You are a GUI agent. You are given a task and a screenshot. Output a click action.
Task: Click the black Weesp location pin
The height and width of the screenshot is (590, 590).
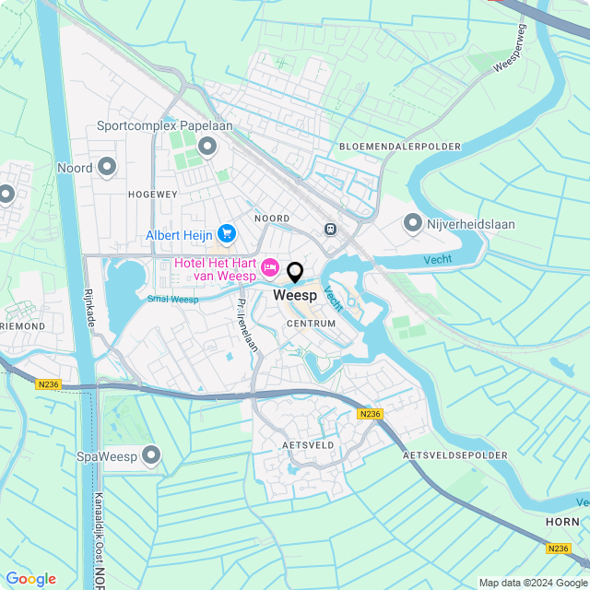coord(295,273)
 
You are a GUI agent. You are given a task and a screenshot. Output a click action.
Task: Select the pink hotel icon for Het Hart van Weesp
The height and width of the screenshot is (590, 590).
coord(270,267)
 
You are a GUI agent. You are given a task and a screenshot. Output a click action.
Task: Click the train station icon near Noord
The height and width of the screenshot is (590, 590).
coord(330,228)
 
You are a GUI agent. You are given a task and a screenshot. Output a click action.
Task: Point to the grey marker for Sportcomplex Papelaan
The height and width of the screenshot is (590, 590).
coord(207,146)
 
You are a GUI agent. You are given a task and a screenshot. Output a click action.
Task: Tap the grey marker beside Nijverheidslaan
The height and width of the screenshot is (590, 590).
coord(413,222)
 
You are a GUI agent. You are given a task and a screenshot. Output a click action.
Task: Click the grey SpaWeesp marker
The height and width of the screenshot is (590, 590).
coord(151,455)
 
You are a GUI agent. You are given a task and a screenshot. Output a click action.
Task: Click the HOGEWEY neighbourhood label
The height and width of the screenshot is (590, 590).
coord(152,195)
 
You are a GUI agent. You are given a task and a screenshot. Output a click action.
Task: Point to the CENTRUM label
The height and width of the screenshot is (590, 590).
coord(311,324)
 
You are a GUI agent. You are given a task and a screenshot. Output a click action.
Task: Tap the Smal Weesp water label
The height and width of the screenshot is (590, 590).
coord(172,299)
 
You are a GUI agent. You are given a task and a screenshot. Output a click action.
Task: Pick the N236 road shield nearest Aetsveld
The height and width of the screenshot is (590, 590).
coord(370,414)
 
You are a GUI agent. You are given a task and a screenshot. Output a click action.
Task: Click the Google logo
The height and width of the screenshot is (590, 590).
coord(30,579)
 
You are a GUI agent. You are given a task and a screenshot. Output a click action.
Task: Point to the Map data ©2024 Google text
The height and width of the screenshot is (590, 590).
coord(533,582)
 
